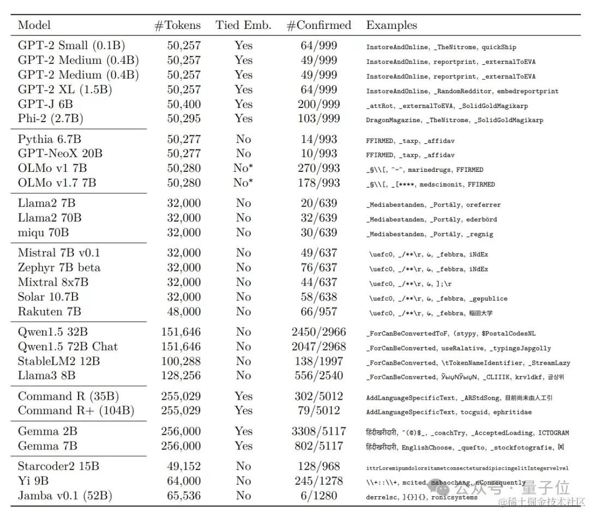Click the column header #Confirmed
point(319,25)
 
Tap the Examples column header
point(391,25)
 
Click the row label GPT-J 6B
point(45,104)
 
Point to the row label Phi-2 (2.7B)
point(51,118)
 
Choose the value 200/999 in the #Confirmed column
point(318,104)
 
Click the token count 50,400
point(184,104)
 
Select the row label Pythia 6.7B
point(50,139)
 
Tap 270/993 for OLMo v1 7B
point(318,169)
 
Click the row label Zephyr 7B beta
point(59,268)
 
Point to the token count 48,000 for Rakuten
point(184,312)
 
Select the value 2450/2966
point(318,332)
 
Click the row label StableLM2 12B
point(59,361)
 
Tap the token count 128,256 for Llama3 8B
point(181,376)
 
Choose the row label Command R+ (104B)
point(76,411)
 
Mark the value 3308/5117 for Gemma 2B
point(318,431)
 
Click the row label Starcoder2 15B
point(58,466)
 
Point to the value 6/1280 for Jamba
point(318,496)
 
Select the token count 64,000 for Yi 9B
point(184,481)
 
